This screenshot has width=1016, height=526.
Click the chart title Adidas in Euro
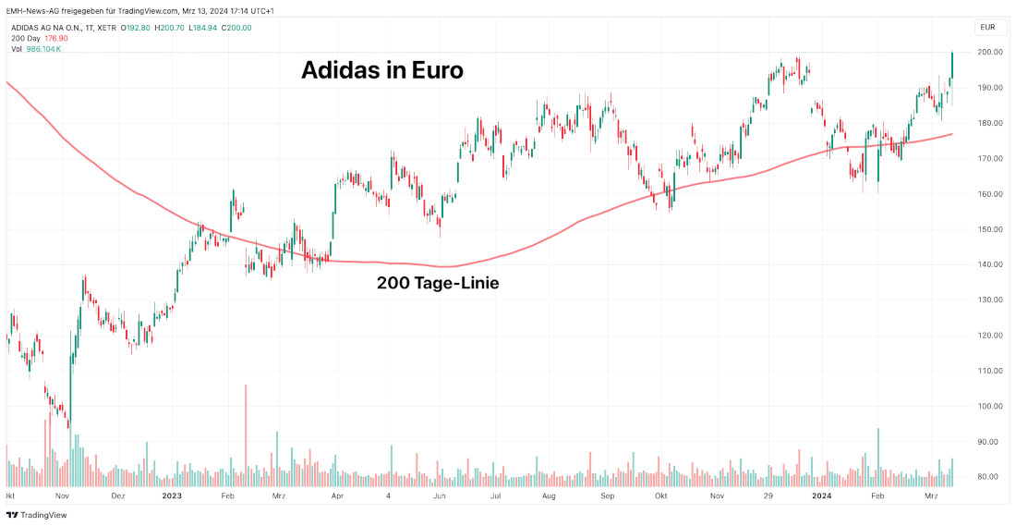pyautogui.click(x=381, y=70)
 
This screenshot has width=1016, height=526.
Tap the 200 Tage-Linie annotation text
pyautogui.click(x=438, y=283)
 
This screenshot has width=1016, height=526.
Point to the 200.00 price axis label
pyautogui.click(x=990, y=53)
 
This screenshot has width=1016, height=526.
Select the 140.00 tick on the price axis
pyautogui.click(x=990, y=264)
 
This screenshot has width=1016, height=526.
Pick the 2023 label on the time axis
pyautogui.click(x=172, y=496)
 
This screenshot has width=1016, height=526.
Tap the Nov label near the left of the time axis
pyautogui.click(x=63, y=496)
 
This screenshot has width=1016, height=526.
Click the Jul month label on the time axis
pyautogui.click(x=496, y=496)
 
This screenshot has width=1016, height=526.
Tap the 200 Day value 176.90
pyautogui.click(x=57, y=39)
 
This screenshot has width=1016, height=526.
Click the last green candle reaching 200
pyautogui.click(x=952, y=65)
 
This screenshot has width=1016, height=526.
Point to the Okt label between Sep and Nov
pyautogui.click(x=659, y=496)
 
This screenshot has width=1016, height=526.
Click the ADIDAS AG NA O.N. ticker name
pyautogui.click(x=49, y=28)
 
